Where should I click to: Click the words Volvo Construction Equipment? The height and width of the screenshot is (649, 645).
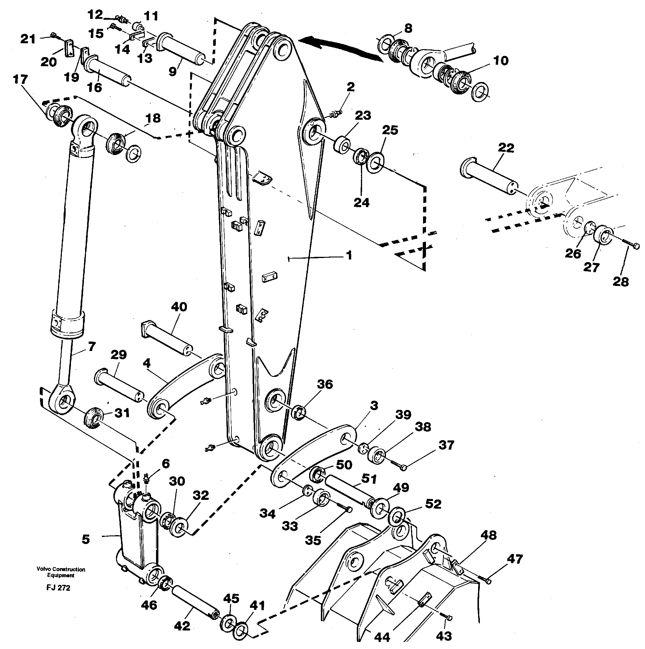point(61,573)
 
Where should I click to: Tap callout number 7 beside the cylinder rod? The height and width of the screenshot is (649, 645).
point(92,346)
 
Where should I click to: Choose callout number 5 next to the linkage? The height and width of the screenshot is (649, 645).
point(86,540)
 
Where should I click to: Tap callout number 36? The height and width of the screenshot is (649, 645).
point(325,384)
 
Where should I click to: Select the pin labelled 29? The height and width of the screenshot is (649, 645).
point(119,386)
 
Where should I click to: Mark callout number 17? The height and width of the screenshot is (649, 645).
point(20,80)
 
